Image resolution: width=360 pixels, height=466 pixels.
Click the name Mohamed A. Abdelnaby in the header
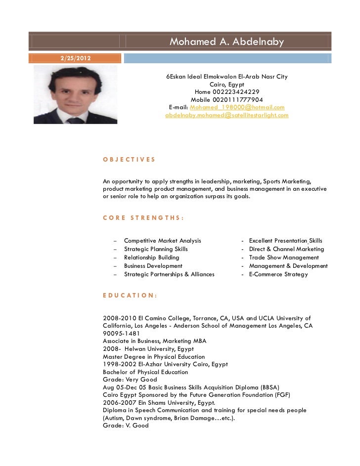click(x=226, y=42)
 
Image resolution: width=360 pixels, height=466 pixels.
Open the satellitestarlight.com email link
click(x=226, y=115)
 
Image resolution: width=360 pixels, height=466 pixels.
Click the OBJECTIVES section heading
click(x=129, y=160)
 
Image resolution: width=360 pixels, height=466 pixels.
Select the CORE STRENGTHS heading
click(x=143, y=217)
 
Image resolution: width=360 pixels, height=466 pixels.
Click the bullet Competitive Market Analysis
click(x=162, y=241)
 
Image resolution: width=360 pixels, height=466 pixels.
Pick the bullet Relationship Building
click(x=151, y=257)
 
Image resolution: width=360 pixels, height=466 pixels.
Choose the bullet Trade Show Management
click(x=284, y=257)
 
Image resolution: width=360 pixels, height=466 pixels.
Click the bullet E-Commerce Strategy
click(x=278, y=274)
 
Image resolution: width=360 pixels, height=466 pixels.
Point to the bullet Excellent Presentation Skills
click(x=285, y=241)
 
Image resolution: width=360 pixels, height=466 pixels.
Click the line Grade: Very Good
click(x=130, y=380)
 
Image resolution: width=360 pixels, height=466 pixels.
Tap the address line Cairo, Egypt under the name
click(x=226, y=85)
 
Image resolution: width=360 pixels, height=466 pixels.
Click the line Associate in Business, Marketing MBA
click(x=154, y=341)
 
